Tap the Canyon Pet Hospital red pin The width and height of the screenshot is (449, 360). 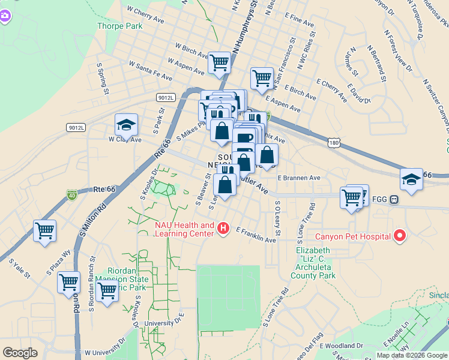(399, 236)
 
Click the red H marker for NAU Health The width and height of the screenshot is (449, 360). (223, 229)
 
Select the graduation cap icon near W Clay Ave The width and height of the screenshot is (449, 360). (126, 125)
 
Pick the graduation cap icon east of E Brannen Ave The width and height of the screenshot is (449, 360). (411, 179)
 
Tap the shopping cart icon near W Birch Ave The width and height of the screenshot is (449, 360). (219, 61)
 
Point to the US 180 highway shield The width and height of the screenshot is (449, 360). (335, 143)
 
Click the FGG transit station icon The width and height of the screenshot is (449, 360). (394, 200)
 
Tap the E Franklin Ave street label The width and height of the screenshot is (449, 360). (256, 235)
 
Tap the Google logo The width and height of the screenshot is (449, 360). (20, 353)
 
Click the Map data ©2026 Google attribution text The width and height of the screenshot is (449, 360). (412, 355)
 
